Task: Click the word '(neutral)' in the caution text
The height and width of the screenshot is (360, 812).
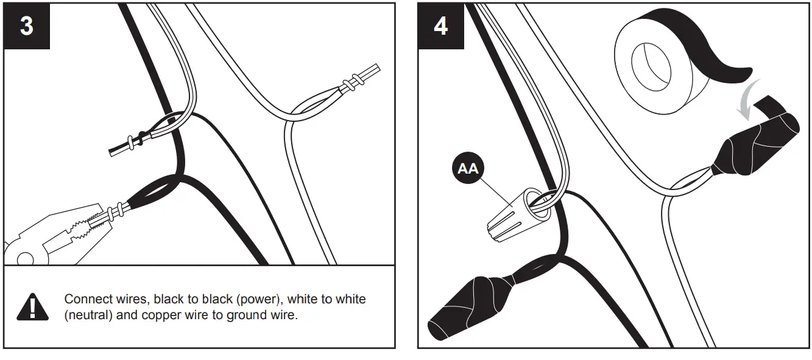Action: point(89,317)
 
